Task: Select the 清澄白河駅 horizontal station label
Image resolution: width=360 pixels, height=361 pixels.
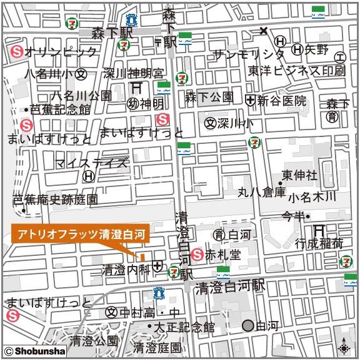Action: click(229, 287)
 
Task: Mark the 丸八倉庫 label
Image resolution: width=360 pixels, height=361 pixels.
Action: click(261, 191)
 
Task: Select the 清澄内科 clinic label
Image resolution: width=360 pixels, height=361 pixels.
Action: click(125, 270)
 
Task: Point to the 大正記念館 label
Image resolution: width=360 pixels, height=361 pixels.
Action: click(184, 327)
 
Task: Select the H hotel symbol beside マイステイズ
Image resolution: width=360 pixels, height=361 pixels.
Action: click(89, 177)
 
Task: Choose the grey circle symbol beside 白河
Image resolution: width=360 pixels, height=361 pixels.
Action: click(248, 325)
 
